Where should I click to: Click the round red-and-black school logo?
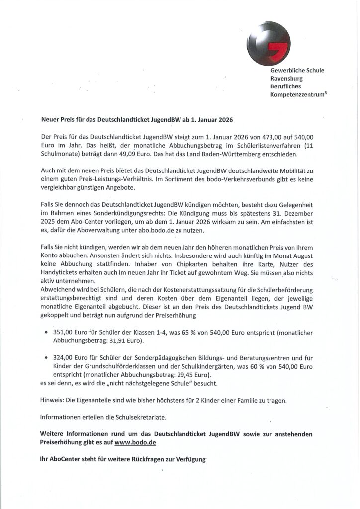click(269, 43)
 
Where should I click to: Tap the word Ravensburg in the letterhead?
click(286, 78)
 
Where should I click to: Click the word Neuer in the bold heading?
click(50, 120)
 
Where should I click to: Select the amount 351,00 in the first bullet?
click(63, 332)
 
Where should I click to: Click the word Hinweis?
click(51, 401)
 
